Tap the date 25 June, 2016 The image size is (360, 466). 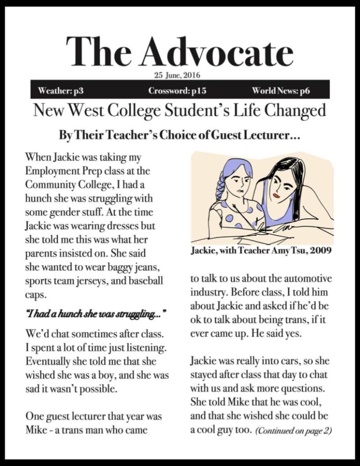pyautogui.click(x=177, y=75)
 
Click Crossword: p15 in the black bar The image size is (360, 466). pyautogui.click(x=177, y=91)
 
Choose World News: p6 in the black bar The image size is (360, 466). pyautogui.click(x=281, y=91)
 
